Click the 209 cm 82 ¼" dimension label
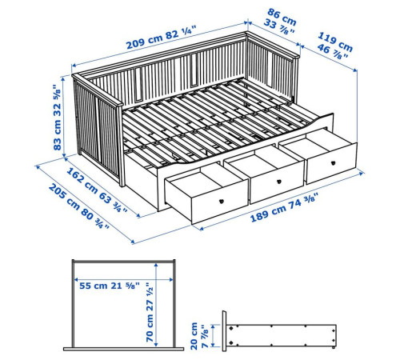pyautogui.click(x=162, y=37)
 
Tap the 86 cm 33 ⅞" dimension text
pyautogui.click(x=281, y=22)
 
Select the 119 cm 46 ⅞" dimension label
pyautogui.click(x=334, y=46)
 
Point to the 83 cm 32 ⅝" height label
pyautogui.click(x=58, y=118)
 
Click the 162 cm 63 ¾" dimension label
pyautogui.click(x=97, y=190)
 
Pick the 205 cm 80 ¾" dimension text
pyautogui.click(x=79, y=206)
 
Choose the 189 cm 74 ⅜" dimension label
pyautogui.click(x=284, y=207)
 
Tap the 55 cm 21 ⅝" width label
pyautogui.click(x=110, y=286)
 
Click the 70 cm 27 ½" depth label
pyautogui.click(x=150, y=313)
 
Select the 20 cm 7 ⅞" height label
pyautogui.click(x=199, y=336)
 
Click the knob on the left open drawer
pyautogui.click(x=221, y=201)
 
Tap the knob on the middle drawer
pyautogui.click(x=279, y=182)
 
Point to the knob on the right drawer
pyautogui.click(x=333, y=163)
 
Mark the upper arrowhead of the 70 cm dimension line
pyautogui.click(x=156, y=265)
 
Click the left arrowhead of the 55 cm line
pyautogui.click(x=76, y=280)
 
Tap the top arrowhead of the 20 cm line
pyautogui.click(x=213, y=326)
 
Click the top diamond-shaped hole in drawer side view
pyautogui.click(x=231, y=328)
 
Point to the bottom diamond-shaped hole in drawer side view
pyautogui.click(x=231, y=342)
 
